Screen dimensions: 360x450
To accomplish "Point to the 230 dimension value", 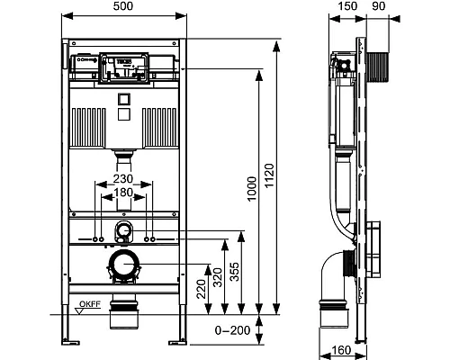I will (124, 179).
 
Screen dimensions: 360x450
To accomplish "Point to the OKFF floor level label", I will (88, 305).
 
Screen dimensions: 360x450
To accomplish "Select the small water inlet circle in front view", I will (124, 233).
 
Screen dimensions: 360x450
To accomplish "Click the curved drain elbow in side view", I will (335, 270).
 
